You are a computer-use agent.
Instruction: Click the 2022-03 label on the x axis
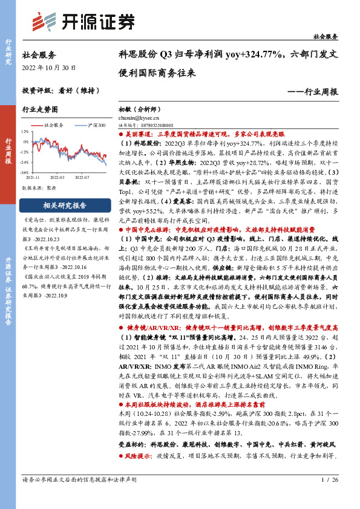pos(57,178)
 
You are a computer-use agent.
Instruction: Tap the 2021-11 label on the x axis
pos(34,178)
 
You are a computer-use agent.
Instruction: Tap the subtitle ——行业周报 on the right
pos(312,91)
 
